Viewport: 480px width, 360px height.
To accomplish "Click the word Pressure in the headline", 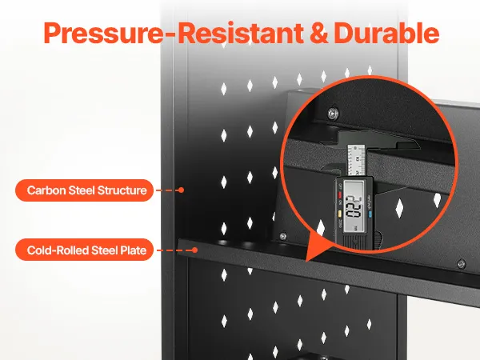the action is coord(103,33).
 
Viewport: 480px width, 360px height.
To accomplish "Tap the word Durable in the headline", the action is coord(386,33).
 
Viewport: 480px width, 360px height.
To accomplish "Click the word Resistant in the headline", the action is coord(241,33).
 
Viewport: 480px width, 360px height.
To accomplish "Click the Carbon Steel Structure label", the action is coord(84,190).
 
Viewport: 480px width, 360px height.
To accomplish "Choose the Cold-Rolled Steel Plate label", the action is coord(84,250).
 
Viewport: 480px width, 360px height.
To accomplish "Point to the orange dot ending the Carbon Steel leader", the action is coord(182,190).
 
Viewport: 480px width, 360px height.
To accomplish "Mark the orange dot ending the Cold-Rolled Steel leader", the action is coord(194,250).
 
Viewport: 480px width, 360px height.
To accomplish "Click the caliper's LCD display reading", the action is coord(354,206).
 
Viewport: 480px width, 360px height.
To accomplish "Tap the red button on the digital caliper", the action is coord(340,194).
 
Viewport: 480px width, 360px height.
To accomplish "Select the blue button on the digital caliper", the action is coord(370,214).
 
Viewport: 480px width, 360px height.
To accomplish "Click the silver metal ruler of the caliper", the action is coord(356,161).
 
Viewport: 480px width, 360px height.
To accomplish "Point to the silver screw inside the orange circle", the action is coord(332,114).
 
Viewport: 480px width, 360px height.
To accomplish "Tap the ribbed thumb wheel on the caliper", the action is coord(379,238).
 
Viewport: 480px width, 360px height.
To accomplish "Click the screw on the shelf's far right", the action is coord(461,264).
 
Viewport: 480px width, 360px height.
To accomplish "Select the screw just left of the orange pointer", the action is coord(283,236).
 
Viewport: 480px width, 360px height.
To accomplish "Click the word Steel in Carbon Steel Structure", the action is coord(82,190).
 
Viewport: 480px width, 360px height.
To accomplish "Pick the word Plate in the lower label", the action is coord(133,250).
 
